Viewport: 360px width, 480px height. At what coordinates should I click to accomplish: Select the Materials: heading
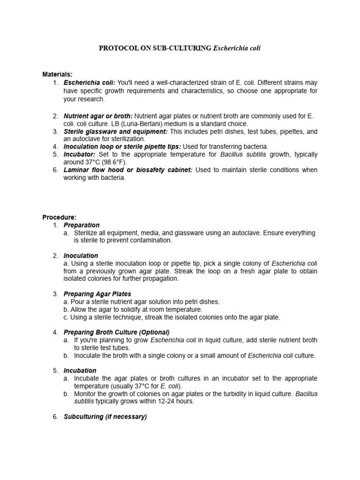pos(58,75)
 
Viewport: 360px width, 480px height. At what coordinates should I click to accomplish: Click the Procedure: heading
pos(59,217)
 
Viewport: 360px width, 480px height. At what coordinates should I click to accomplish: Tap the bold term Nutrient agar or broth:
pos(98,116)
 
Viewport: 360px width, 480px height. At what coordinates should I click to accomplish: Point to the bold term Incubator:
pos(80,154)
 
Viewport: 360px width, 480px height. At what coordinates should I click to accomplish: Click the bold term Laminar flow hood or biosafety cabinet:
pos(128,170)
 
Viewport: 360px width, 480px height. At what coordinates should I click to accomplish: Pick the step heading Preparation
pos(82,225)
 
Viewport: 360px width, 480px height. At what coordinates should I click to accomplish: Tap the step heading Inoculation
pos(81,255)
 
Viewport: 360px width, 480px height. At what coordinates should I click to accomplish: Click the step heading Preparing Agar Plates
pos(97,294)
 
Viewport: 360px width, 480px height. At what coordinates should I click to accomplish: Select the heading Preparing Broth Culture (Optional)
pos(117,332)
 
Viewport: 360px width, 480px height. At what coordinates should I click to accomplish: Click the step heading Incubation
pos(80,370)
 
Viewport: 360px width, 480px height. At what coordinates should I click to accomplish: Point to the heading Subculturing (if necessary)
pos(105,416)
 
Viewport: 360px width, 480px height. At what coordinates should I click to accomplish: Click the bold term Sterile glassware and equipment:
pos(115,131)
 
